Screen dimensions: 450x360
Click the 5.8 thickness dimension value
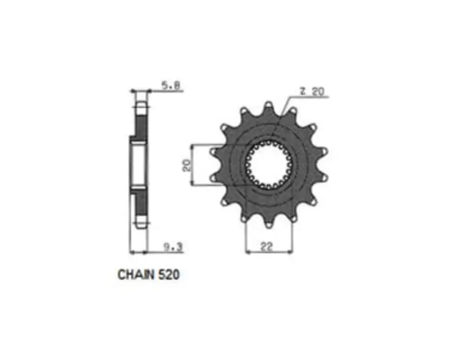tap(172, 85)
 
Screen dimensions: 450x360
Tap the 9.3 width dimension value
tap(173, 247)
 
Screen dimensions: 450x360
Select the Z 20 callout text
tap(311, 91)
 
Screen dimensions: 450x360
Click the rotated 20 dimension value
tap(187, 165)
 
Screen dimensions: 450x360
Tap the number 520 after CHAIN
tap(169, 275)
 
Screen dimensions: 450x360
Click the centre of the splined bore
tap(269, 165)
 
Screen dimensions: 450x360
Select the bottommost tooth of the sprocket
tap(269, 224)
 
